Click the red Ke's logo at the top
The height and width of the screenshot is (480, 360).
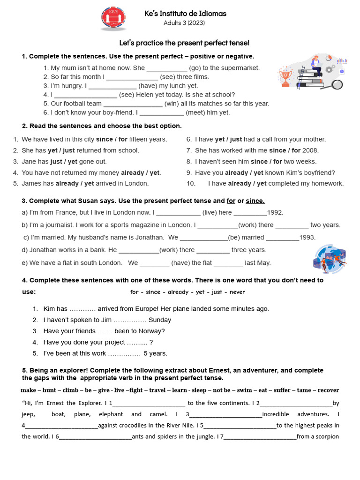[x=113, y=18]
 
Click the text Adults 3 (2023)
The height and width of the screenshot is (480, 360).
[x=184, y=22]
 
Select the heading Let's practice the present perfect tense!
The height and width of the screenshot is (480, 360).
[x=184, y=43]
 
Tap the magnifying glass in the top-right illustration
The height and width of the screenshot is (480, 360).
[x=337, y=84]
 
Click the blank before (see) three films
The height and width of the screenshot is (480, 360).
[x=132, y=77]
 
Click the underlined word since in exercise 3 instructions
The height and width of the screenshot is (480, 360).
[x=255, y=201]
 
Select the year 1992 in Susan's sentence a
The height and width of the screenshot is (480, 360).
[x=275, y=212]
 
